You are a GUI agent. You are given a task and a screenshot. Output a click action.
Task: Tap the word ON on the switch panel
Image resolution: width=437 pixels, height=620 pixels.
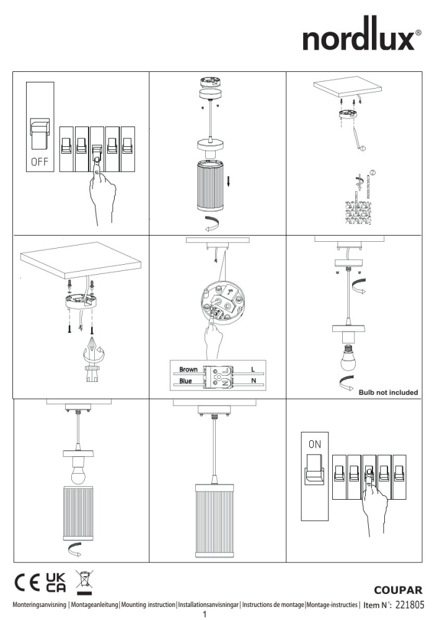pyautogui.click(x=315, y=445)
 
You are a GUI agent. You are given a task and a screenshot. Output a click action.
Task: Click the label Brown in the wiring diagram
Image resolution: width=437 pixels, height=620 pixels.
pyautogui.click(x=188, y=370)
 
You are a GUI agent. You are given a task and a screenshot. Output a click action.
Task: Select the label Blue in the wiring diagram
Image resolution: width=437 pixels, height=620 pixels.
pyautogui.click(x=185, y=381)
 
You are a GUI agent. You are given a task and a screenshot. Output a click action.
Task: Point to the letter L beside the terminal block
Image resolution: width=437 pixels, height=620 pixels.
pyautogui.click(x=253, y=370)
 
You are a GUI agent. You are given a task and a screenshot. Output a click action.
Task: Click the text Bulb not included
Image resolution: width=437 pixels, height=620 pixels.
pyautogui.click(x=388, y=392)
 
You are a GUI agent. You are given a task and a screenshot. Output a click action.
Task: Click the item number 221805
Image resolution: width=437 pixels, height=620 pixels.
pyautogui.click(x=409, y=604)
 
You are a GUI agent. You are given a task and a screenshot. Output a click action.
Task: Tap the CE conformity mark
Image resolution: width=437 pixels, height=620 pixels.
pyautogui.click(x=27, y=583)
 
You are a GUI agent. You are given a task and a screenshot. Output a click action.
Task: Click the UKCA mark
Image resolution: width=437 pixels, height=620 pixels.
pyautogui.click(x=56, y=583)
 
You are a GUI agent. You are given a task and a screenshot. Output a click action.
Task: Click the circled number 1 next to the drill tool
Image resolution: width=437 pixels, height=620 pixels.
pyautogui.click(x=363, y=148)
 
